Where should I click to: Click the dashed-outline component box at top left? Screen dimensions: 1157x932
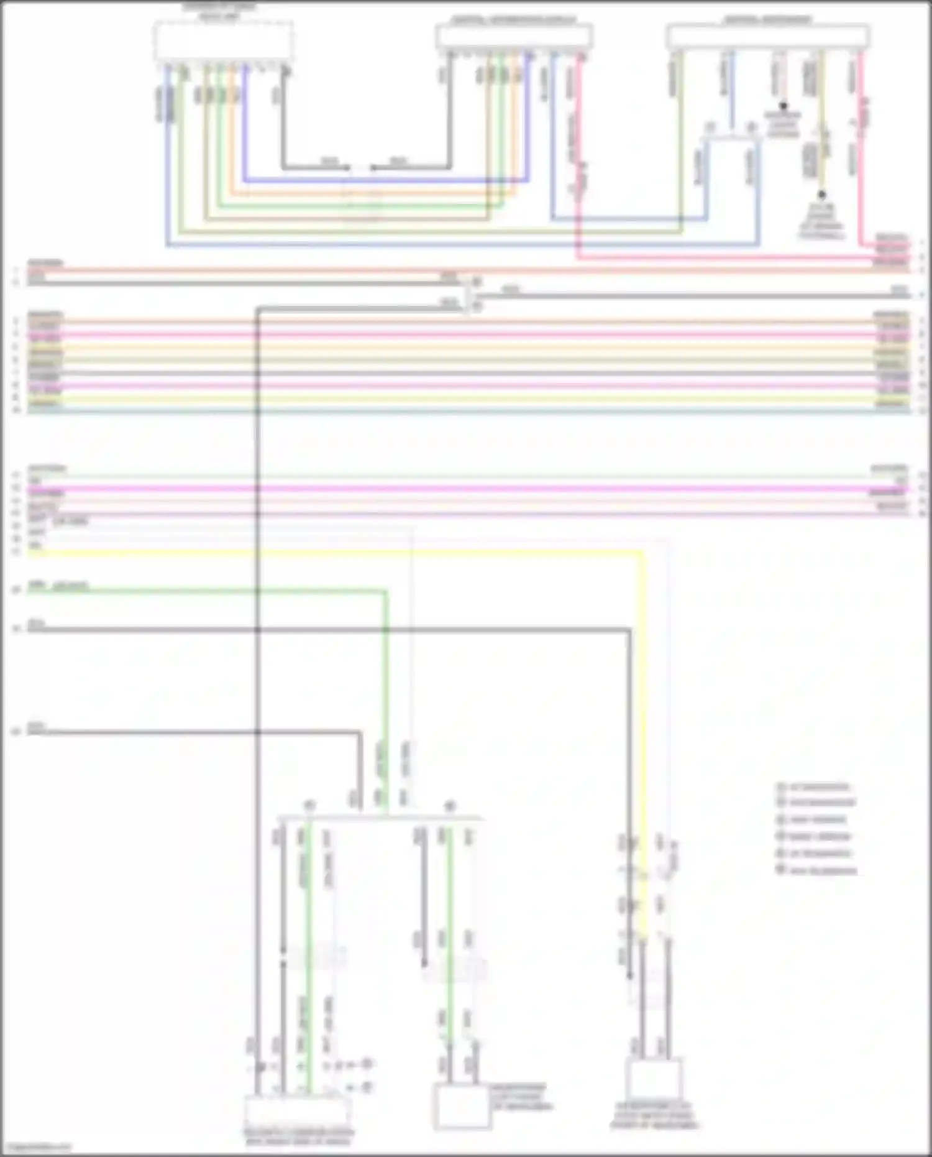coord(224,42)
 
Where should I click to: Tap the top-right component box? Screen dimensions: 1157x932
coord(767,37)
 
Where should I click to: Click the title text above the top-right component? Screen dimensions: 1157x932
coord(767,20)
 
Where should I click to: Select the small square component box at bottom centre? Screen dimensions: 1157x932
coord(460,1107)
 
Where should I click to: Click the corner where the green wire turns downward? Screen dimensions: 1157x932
coord(385,591)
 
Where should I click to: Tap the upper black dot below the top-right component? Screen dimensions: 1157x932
coord(784,106)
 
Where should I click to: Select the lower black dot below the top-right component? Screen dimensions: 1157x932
coord(821,195)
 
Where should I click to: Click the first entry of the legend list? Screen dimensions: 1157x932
coord(814,786)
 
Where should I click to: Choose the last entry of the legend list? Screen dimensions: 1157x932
coord(817,870)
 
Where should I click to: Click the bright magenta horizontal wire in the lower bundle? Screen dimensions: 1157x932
coord(466,489)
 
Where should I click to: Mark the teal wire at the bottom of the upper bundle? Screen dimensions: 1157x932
coord(466,411)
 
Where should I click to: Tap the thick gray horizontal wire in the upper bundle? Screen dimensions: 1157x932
coord(466,373)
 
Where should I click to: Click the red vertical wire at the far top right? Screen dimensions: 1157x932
coord(861,149)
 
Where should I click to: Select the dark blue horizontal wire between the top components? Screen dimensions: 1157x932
coord(385,181)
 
